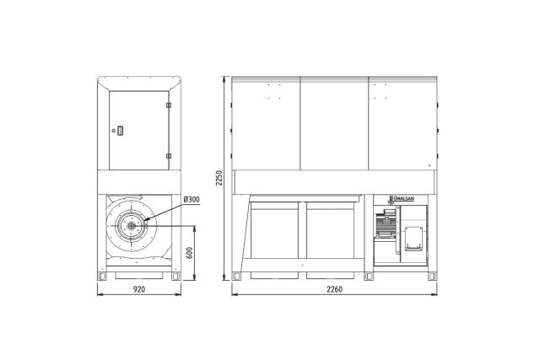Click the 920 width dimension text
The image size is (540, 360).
[x=139, y=289]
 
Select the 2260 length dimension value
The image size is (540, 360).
[x=334, y=289]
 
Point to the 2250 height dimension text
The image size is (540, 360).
[x=219, y=178]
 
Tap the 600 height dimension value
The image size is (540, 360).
[x=189, y=253]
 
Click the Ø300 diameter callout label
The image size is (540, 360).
[x=192, y=200]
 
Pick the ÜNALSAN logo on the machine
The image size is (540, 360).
[x=402, y=199]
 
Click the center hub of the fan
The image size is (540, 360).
[x=132, y=226]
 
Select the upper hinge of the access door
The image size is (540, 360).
[x=169, y=105]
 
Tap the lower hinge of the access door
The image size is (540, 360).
[x=169, y=156]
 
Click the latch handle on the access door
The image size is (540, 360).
[x=120, y=131]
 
